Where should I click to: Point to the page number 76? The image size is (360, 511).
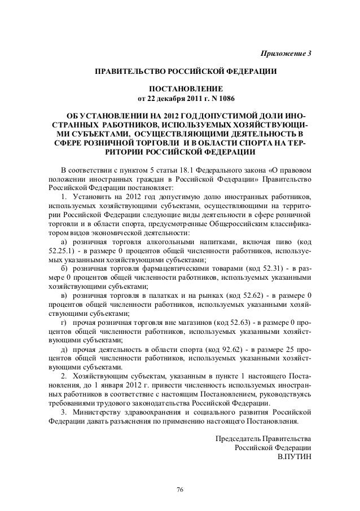[180, 488]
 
